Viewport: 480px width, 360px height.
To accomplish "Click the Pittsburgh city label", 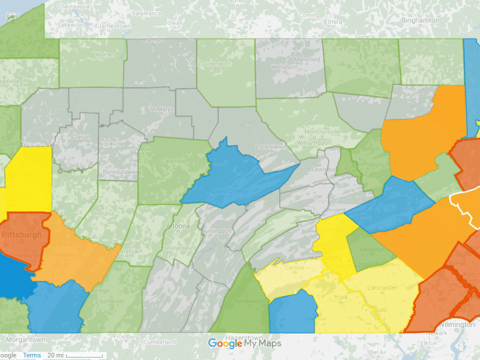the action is pyautogui.click(x=22, y=235).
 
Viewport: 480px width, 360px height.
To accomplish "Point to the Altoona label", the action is pyautogui.click(x=178, y=226).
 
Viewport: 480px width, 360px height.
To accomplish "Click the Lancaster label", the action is pyautogui.click(x=382, y=287).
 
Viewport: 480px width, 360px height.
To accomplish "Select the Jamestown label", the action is pyautogui.click(x=98, y=26).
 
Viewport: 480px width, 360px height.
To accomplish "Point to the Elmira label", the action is pyautogui.click(x=332, y=22).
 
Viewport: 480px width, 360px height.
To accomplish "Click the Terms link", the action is pyautogui.click(x=32, y=355).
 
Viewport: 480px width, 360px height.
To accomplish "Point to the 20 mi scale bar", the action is pyautogui.click(x=84, y=356).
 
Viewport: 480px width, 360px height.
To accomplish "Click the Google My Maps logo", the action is pyautogui.click(x=244, y=344).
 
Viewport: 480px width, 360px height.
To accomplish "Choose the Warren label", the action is pyautogui.click(x=104, y=55).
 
